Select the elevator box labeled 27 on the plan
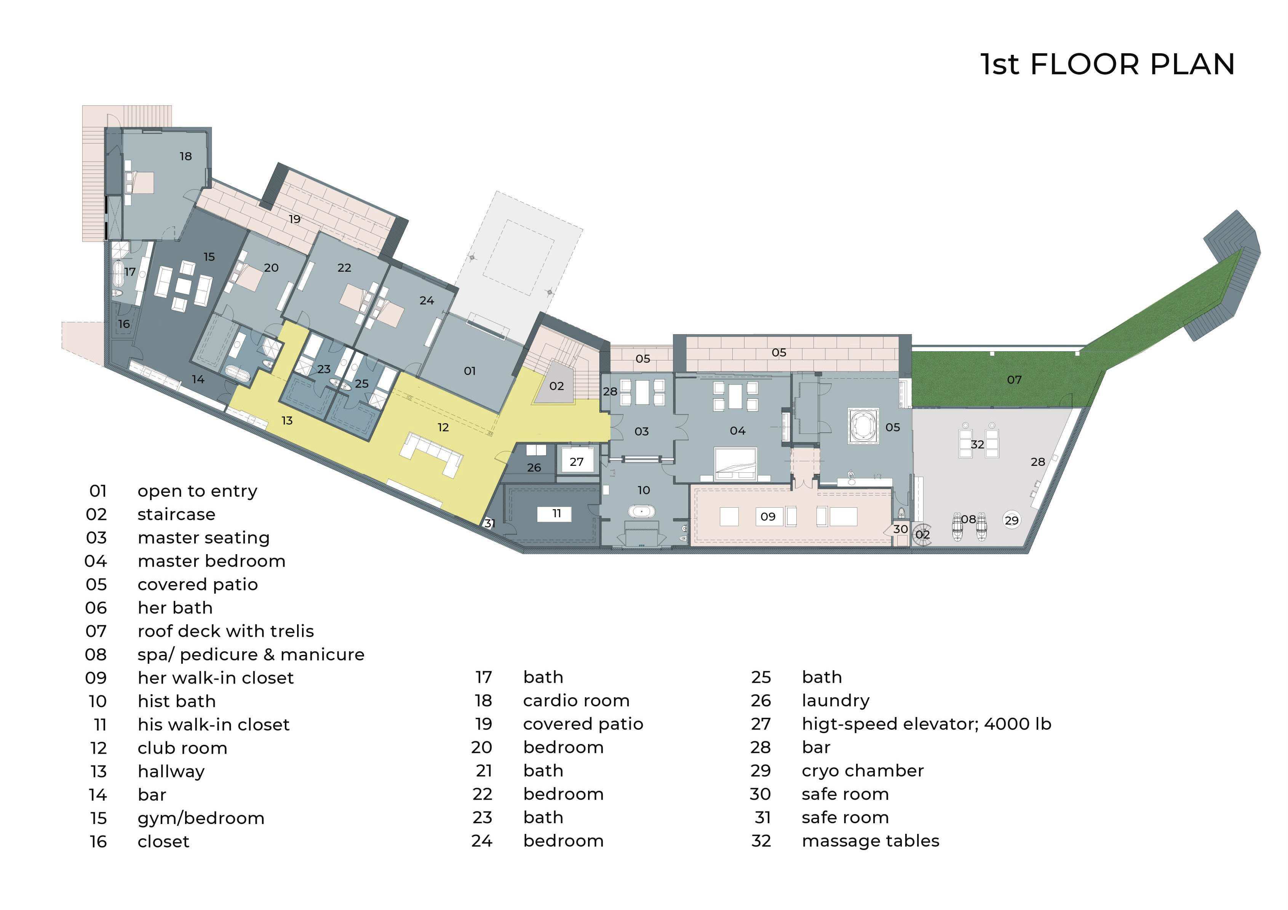tap(577, 461)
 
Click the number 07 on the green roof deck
tap(1014, 379)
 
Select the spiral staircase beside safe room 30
tap(921, 533)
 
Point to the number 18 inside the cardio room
tap(186, 156)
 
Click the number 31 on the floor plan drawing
tap(489, 523)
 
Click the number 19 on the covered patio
tap(294, 219)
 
